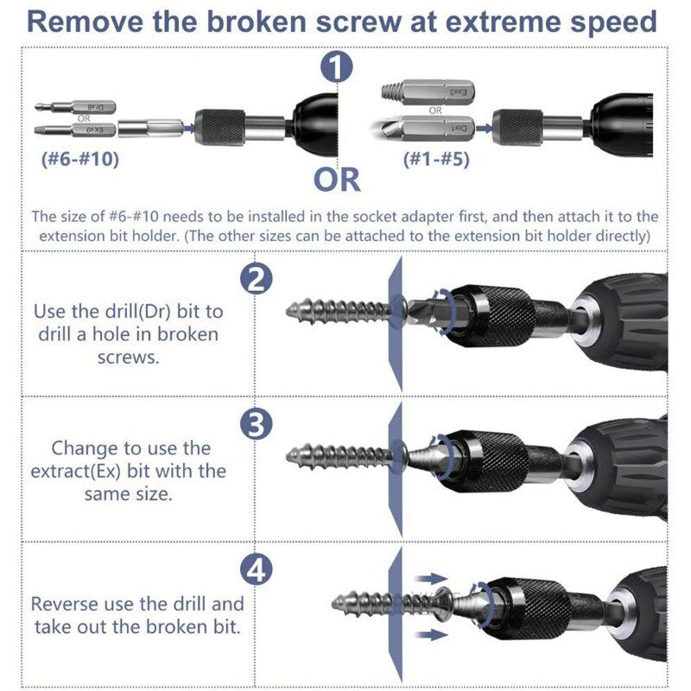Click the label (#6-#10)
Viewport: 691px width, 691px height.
click(79, 159)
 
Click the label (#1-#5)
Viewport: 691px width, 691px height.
click(437, 159)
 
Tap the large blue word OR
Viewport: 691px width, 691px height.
click(337, 180)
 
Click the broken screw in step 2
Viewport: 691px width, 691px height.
click(337, 307)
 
